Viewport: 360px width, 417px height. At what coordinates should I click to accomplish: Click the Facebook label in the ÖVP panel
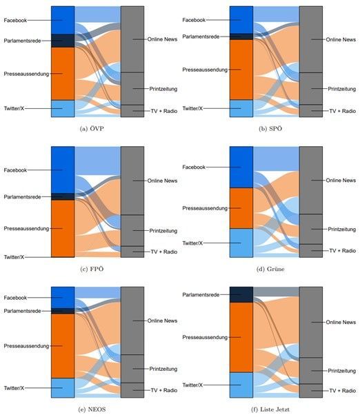coord(15,20)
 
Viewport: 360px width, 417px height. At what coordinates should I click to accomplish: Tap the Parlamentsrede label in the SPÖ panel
coord(201,37)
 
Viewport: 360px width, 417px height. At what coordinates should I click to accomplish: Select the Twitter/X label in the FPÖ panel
coord(14,257)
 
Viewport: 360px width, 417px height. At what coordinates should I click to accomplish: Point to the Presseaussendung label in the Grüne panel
coord(205,208)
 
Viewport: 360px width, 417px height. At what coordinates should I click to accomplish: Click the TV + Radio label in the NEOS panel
coord(164,390)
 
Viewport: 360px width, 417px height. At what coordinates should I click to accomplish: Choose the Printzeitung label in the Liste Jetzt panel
coord(341,371)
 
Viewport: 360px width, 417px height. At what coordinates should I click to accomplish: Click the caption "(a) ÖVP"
coord(92,129)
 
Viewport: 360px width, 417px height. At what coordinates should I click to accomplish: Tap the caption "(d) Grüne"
coord(270,269)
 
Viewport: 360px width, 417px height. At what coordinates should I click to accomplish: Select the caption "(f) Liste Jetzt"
coord(270,409)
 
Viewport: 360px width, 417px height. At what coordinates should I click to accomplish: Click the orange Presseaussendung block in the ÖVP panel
coord(63,74)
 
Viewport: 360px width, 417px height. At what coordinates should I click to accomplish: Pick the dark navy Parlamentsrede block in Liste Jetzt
coord(241,295)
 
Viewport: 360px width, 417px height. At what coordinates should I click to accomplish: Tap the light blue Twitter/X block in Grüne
coord(241,243)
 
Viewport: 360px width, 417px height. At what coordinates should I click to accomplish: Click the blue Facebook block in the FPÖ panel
coord(63,170)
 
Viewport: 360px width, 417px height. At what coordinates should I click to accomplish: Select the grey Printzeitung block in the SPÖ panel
coord(311,88)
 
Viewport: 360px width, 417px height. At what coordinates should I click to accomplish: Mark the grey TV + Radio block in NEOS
coord(132,390)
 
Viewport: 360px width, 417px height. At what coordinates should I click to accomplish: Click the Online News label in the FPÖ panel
coord(162,181)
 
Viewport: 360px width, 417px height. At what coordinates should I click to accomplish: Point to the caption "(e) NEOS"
coord(92,409)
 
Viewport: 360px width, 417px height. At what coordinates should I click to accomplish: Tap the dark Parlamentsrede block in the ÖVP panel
coord(63,41)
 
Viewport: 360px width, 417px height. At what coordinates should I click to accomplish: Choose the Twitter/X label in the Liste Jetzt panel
coord(192,385)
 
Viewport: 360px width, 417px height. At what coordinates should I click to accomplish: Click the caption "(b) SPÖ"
coord(270,129)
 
